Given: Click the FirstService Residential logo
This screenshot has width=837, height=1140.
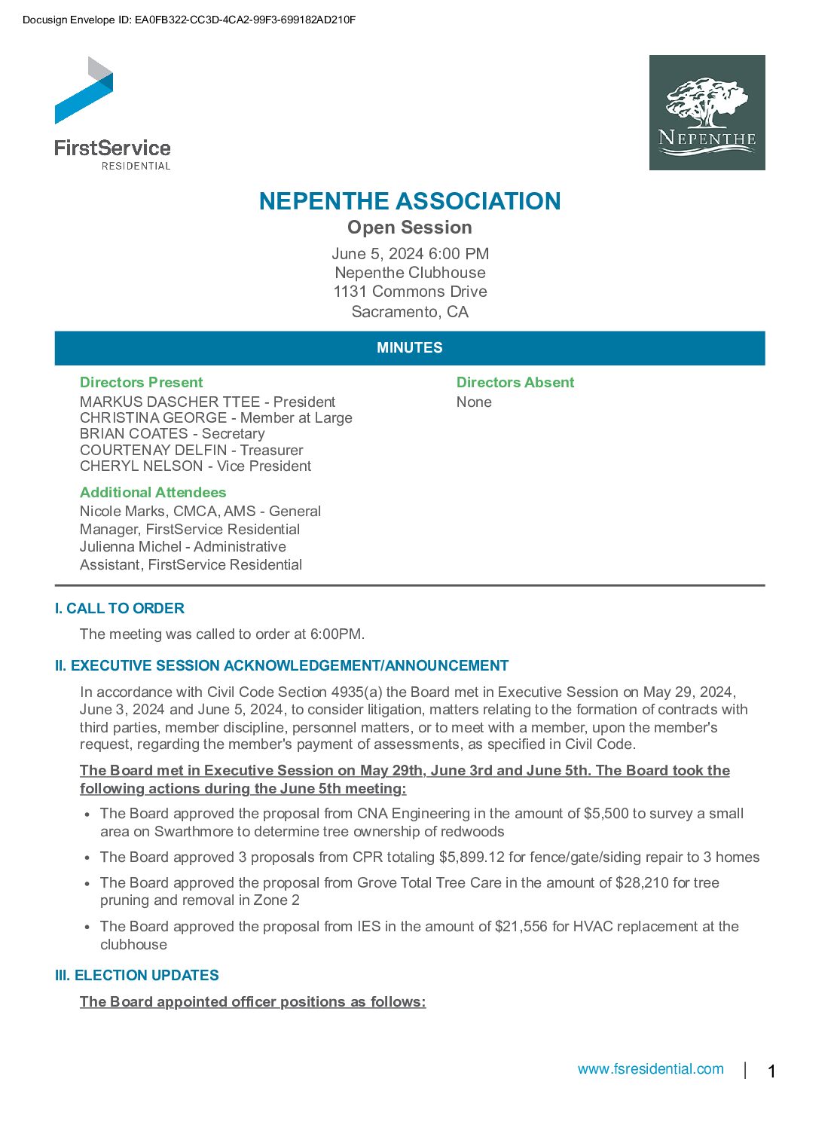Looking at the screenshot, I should point(112,113).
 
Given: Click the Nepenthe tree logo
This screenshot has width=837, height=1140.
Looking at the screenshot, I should point(707,112).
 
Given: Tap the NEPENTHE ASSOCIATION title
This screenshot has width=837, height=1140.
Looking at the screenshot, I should point(410,201).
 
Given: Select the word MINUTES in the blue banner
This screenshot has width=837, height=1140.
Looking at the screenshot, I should point(410,348).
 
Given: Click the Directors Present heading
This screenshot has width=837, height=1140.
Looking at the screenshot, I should point(142,382).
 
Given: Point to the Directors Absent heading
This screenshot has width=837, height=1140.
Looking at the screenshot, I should point(515,382).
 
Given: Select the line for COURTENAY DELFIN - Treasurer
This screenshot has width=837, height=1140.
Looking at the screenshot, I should point(191,450).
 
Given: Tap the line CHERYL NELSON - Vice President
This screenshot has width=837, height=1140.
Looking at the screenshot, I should point(195,466).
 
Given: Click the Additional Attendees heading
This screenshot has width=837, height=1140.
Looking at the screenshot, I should point(153,492).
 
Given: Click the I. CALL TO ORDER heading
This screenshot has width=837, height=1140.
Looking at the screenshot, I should point(119,608).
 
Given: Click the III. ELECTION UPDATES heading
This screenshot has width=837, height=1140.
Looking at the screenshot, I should point(136,975).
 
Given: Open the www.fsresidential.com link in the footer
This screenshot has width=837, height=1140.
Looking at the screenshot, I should point(650,1069).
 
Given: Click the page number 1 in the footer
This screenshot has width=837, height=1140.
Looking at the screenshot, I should point(771,1071).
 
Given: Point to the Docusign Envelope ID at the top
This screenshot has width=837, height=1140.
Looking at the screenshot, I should point(189,20).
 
